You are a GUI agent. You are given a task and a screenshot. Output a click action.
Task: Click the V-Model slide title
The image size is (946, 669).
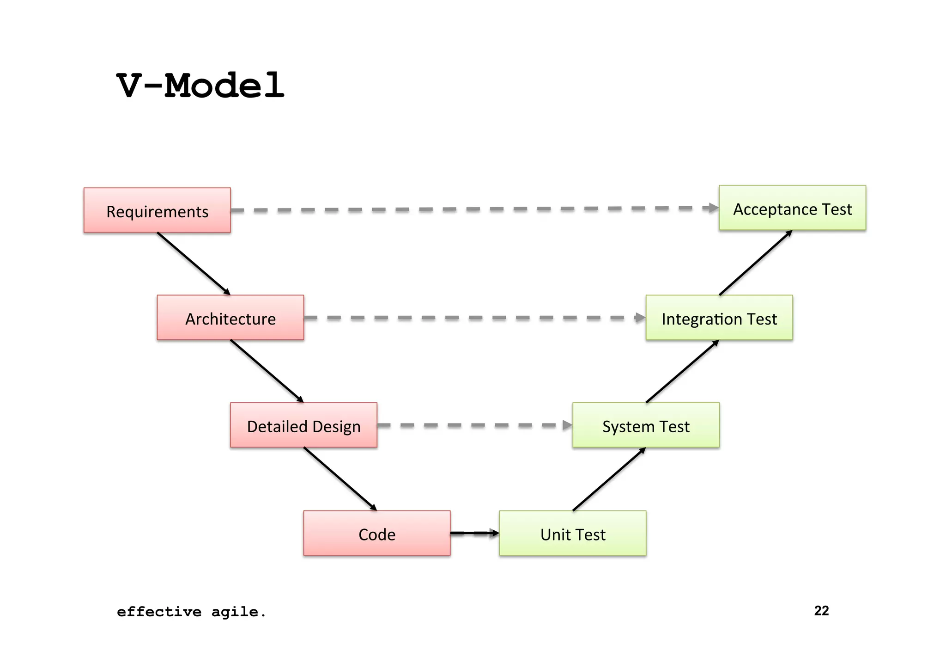(x=200, y=86)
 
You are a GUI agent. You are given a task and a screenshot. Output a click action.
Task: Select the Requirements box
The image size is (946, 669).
(x=157, y=210)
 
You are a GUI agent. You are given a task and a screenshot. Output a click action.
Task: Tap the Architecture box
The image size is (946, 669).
(x=230, y=318)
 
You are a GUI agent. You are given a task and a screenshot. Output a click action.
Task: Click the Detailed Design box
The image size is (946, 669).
(x=303, y=425)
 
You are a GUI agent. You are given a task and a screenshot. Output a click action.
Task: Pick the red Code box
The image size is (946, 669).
(x=376, y=533)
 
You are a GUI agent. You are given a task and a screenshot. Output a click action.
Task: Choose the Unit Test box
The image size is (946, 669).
(x=572, y=533)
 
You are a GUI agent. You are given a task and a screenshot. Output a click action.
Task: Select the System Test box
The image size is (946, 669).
(x=645, y=425)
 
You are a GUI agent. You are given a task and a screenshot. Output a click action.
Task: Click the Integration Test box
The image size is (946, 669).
(x=719, y=318)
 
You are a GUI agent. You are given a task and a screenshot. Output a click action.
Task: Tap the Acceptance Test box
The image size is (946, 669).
(x=792, y=208)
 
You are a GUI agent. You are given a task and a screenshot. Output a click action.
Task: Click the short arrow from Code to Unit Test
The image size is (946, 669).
(x=474, y=533)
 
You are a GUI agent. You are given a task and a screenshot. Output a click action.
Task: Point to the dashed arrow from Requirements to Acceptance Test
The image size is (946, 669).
(x=474, y=209)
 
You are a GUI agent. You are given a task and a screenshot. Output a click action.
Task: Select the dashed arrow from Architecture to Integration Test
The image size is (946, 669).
(x=474, y=318)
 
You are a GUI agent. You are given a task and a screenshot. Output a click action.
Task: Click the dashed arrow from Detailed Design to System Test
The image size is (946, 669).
(x=474, y=425)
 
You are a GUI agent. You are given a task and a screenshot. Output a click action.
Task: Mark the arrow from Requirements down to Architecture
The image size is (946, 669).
(x=194, y=264)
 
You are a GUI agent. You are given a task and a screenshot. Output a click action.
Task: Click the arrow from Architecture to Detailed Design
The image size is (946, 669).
(x=267, y=371)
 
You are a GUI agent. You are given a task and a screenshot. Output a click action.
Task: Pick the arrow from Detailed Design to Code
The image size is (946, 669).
(x=340, y=479)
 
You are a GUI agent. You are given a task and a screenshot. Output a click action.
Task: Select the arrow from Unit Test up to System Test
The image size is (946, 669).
(x=609, y=479)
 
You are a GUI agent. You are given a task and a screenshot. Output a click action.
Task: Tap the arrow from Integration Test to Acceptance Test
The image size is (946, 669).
(x=755, y=263)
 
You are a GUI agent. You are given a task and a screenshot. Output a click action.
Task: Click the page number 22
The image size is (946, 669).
(x=821, y=611)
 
